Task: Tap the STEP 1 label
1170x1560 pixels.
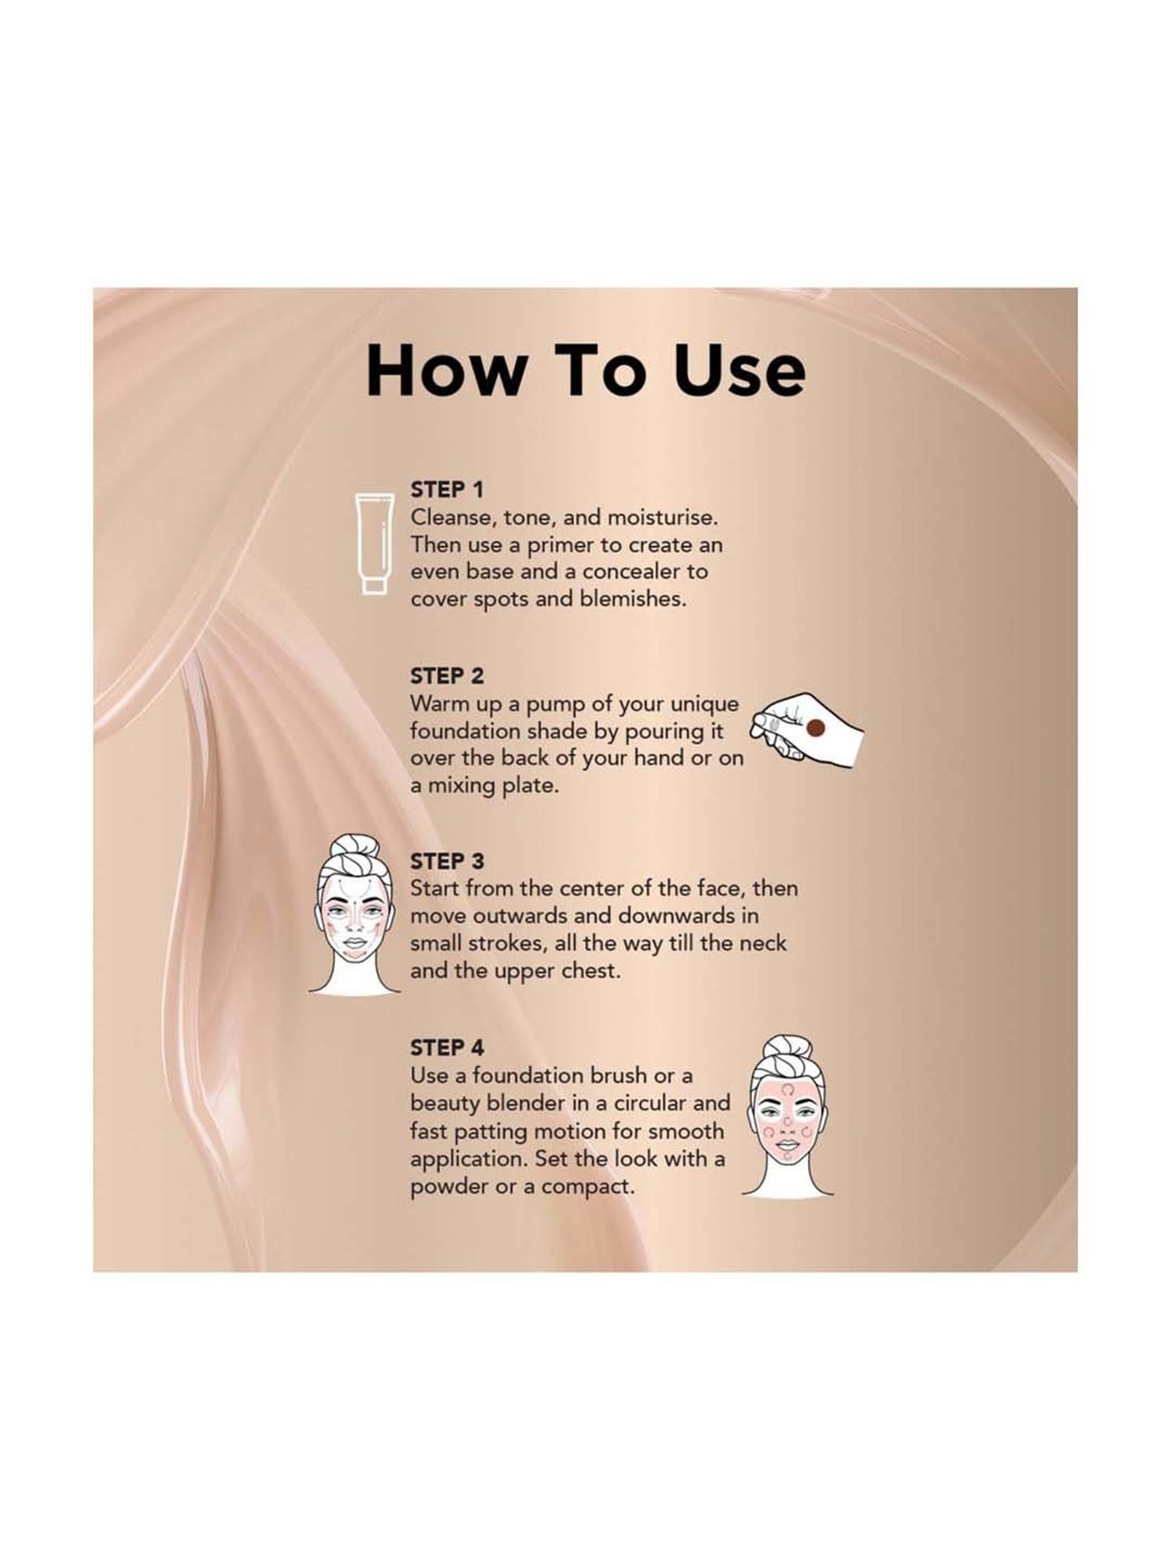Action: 446,490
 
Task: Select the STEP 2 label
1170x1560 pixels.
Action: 447,675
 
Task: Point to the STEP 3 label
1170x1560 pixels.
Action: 447,861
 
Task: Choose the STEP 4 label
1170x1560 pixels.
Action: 447,1047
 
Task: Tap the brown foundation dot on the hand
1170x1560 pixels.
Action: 814,729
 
